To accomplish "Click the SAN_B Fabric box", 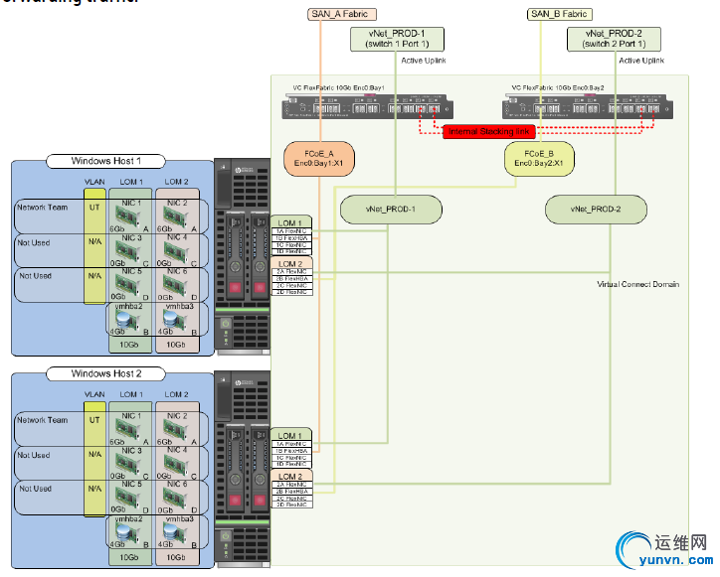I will tap(557, 14).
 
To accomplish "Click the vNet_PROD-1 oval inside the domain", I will tap(392, 210).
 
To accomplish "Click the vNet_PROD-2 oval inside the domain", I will tap(596, 210).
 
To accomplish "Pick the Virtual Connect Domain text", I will tap(637, 285).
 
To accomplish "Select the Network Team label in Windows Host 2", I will tap(43, 420).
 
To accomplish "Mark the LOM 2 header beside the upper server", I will tap(290, 264).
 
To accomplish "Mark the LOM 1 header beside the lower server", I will tap(290, 436).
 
